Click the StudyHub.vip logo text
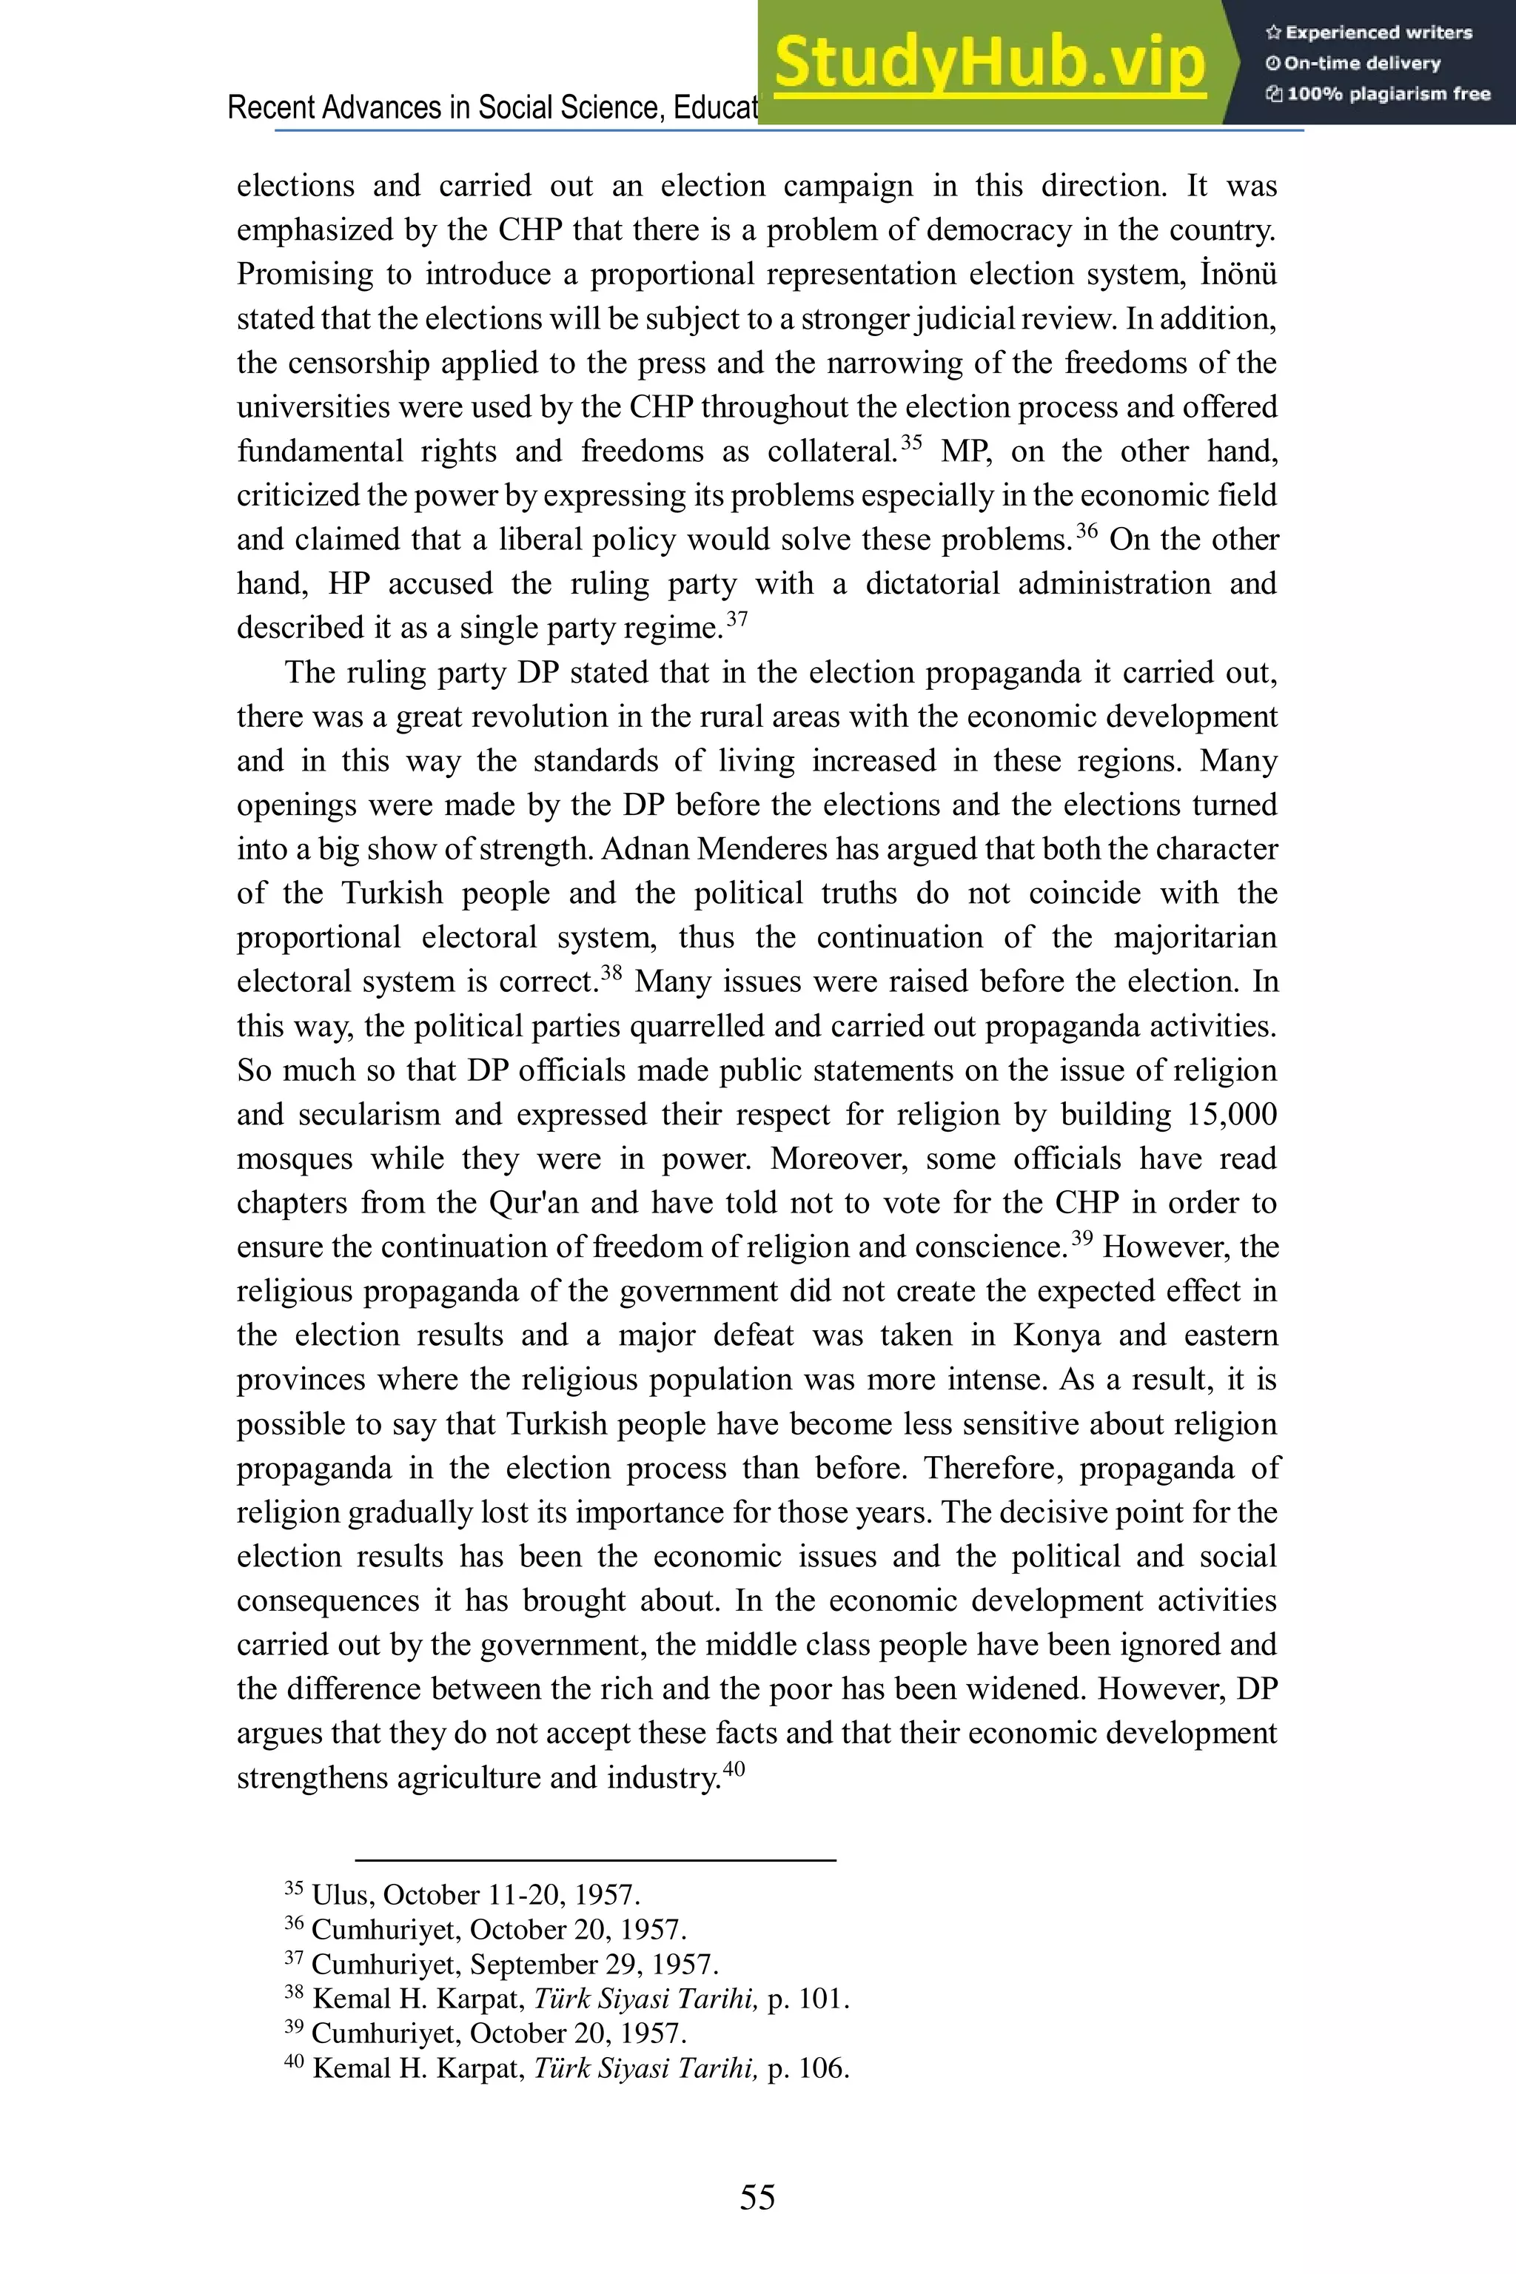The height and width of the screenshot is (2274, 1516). [989, 63]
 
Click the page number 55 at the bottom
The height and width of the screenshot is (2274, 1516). [757, 2197]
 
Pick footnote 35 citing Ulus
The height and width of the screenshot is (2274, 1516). [462, 1894]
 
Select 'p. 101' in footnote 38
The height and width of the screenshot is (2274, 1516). [808, 1999]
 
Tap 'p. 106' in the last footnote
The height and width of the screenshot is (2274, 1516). [808, 2068]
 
